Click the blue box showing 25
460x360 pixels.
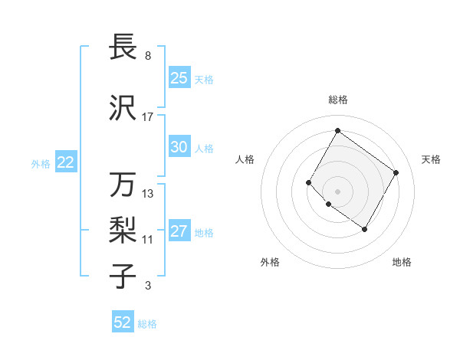(x=179, y=77)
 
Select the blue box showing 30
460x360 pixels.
(x=179, y=147)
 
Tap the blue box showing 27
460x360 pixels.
(x=179, y=231)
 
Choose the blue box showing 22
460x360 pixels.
(x=66, y=162)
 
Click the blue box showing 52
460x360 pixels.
(x=123, y=322)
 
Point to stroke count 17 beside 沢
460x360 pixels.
(x=148, y=116)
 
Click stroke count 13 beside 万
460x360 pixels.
(x=148, y=194)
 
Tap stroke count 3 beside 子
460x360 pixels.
(x=148, y=286)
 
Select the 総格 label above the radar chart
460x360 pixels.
(x=337, y=100)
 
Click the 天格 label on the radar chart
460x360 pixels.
(x=431, y=159)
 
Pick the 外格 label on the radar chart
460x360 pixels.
(x=270, y=262)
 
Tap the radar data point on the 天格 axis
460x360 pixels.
(x=396, y=172)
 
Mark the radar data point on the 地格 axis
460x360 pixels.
(x=365, y=229)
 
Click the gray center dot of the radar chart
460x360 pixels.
(x=337, y=191)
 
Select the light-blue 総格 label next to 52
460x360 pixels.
(x=147, y=324)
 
